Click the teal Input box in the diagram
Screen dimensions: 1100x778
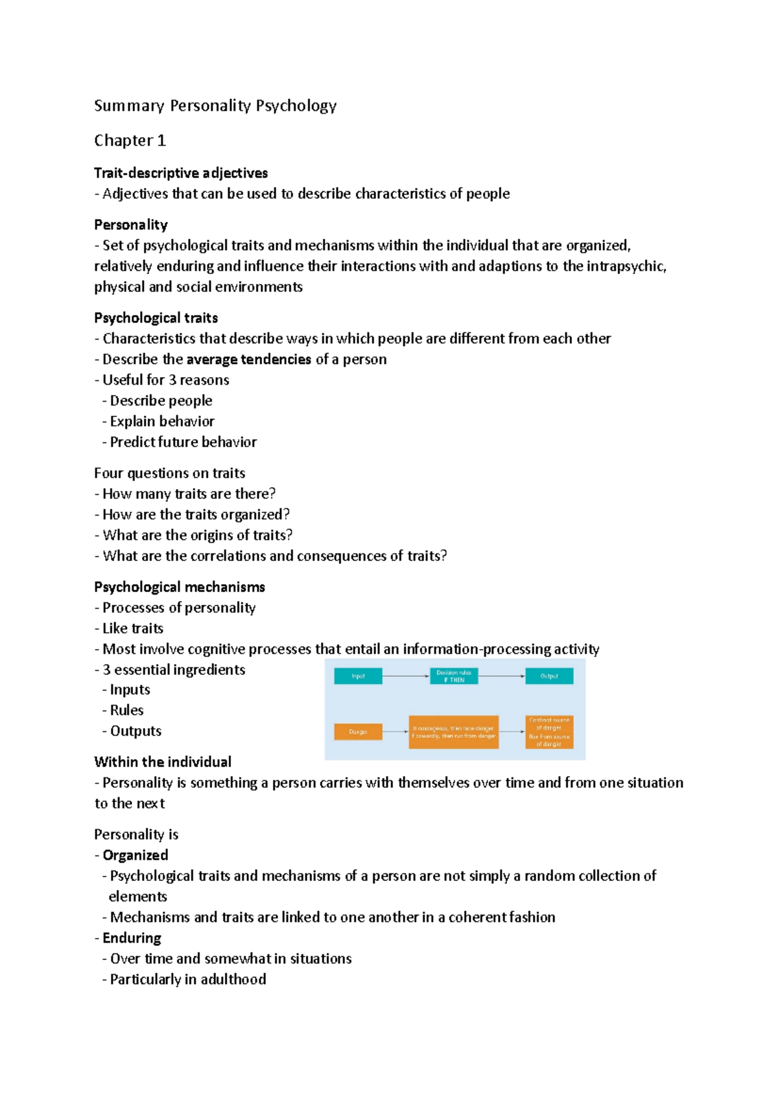point(358,676)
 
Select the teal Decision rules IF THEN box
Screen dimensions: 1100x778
point(454,676)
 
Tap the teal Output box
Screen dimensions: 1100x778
point(549,676)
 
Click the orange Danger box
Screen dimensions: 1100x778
point(358,732)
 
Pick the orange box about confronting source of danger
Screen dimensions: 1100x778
point(549,732)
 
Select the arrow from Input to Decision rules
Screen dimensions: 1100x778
point(406,676)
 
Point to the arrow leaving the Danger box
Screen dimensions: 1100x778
point(395,732)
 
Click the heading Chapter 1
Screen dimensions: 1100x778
point(130,141)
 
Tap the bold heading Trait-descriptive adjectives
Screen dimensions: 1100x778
point(181,173)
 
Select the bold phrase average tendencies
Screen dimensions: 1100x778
point(248,360)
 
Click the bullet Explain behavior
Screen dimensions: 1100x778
point(161,422)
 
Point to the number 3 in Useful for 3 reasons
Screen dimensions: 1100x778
point(172,380)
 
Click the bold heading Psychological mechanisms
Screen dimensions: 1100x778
point(180,588)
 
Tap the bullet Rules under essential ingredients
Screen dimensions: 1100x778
point(126,711)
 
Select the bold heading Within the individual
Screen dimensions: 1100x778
point(163,762)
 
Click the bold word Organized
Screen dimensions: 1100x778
point(136,856)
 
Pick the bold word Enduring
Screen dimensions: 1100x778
point(132,939)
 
